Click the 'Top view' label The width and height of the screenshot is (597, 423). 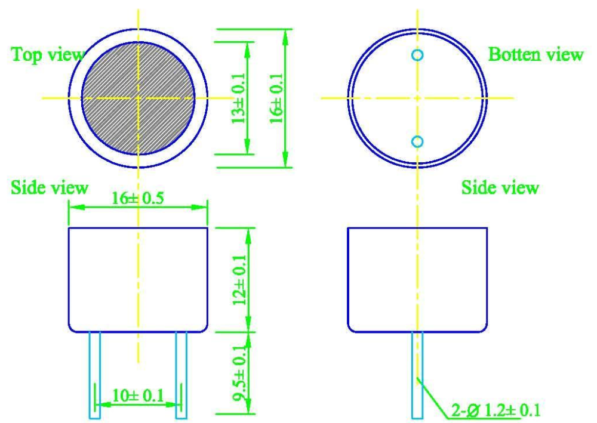[48, 54]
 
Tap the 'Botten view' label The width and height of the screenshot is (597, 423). [536, 54]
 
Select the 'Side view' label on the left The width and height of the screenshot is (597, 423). [50, 187]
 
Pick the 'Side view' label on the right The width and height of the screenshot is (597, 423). [500, 187]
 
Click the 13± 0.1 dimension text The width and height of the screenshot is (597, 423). [239, 98]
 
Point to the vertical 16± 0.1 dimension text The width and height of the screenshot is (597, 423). [277, 98]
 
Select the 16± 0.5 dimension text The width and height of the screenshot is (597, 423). [138, 198]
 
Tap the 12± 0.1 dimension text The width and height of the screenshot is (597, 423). [240, 280]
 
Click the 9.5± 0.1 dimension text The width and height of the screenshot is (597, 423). [240, 373]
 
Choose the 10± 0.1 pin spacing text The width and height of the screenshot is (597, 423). [138, 396]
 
